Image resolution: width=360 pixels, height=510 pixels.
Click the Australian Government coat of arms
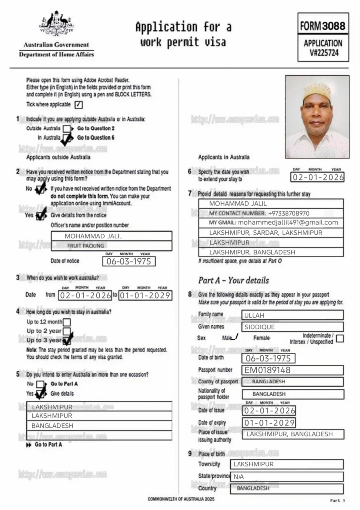click(56, 24)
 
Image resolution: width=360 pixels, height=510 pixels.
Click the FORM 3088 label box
click(323, 25)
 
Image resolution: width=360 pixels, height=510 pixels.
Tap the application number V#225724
click(323, 52)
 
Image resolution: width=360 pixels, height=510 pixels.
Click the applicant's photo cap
click(317, 90)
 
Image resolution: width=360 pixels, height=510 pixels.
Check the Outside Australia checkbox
click(67, 128)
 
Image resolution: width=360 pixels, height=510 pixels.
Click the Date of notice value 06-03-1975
click(128, 261)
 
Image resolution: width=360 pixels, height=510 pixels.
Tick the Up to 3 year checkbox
click(67, 340)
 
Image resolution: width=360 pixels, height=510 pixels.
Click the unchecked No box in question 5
click(41, 384)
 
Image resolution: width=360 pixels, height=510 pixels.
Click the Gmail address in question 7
click(288, 223)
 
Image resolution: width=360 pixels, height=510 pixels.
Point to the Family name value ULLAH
click(292, 315)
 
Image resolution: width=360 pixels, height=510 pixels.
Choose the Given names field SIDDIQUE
click(292, 327)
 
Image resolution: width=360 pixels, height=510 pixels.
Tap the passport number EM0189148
click(292, 370)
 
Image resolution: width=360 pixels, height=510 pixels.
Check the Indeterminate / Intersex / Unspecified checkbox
click(340, 339)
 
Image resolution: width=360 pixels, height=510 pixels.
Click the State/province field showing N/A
click(286, 476)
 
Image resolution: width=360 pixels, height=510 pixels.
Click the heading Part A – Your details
click(234, 280)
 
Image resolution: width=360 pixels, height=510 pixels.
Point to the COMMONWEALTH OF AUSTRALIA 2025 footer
click(181, 499)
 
